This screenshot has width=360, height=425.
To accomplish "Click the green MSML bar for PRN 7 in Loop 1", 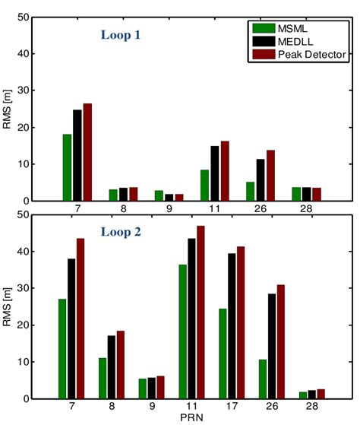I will point(67,167).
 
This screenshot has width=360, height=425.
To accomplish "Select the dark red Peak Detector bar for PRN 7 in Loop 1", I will point(87,152).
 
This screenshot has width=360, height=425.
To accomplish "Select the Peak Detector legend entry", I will point(309,56).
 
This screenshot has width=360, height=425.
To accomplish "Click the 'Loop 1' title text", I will point(122,34).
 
